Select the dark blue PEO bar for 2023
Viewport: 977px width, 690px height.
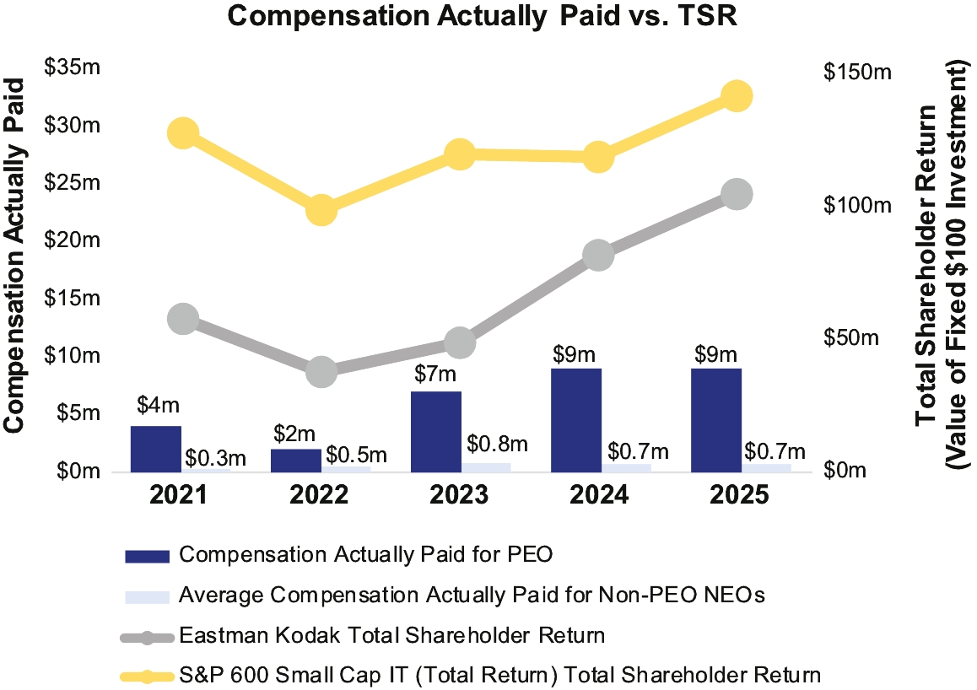coord(437,430)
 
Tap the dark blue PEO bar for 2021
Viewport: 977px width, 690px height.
coord(156,448)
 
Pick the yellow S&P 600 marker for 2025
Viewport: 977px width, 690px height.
coord(736,96)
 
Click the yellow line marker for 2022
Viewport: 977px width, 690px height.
coord(321,210)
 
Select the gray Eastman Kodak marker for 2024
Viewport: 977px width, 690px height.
coord(597,256)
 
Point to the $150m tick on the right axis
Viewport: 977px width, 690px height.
coord(857,73)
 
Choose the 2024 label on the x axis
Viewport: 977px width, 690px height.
coord(599,495)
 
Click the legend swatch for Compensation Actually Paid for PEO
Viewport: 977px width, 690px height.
coord(147,555)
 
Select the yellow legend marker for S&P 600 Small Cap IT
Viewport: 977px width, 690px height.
coord(147,676)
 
